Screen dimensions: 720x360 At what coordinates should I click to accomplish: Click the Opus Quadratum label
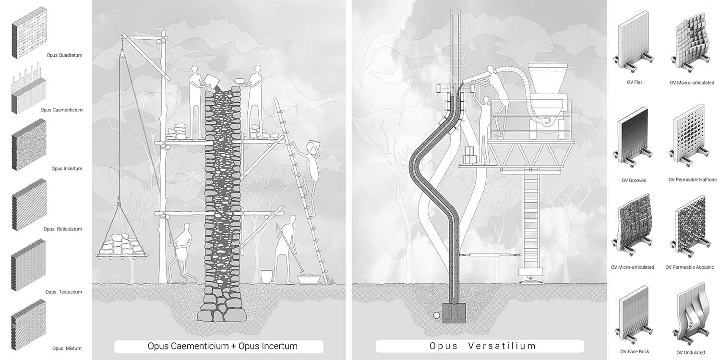tap(64, 55)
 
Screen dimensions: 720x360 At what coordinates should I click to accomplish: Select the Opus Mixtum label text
tap(67, 348)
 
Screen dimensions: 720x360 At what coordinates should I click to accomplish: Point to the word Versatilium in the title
tap(502, 346)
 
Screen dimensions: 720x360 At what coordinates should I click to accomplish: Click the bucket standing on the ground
tap(266, 276)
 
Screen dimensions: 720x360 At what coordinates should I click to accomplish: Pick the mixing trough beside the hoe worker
tap(309, 279)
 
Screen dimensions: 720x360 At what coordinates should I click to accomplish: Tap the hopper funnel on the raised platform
tap(547, 80)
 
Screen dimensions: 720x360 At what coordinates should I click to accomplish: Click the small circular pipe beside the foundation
tap(436, 315)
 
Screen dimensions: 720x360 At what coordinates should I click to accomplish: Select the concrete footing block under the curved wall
tap(454, 313)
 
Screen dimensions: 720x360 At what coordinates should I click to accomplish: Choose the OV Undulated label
tap(690, 353)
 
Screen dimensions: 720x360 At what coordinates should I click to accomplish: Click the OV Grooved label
tap(634, 180)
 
